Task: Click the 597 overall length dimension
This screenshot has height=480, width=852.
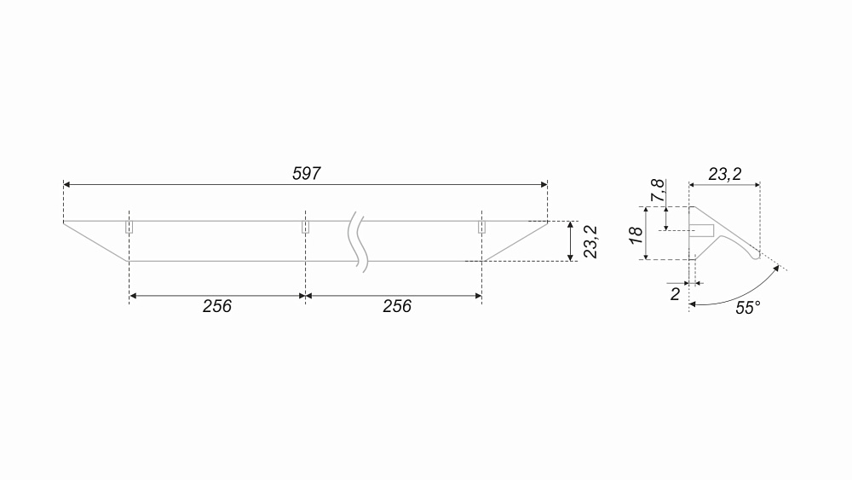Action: (x=307, y=173)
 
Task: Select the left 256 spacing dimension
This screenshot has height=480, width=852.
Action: (x=216, y=306)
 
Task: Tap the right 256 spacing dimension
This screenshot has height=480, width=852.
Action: (x=397, y=306)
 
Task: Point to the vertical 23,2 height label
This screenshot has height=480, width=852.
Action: (x=590, y=241)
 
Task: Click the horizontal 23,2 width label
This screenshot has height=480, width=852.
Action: (x=724, y=174)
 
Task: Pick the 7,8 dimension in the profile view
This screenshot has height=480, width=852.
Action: (x=658, y=190)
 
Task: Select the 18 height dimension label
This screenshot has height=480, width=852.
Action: (x=636, y=234)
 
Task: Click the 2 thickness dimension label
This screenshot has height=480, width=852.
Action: (x=675, y=294)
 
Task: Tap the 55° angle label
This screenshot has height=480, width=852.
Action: (x=748, y=308)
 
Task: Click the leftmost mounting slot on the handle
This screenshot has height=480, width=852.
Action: (x=130, y=227)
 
